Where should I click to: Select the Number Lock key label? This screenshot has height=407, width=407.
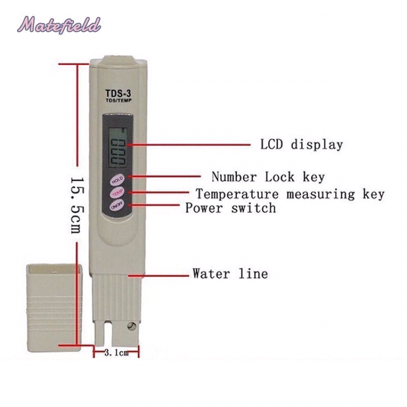coord(268,177)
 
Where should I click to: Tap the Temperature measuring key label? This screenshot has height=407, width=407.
coord(290,194)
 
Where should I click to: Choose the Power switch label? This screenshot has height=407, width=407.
coord(230,208)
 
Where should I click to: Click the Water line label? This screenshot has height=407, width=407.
coord(230,274)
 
